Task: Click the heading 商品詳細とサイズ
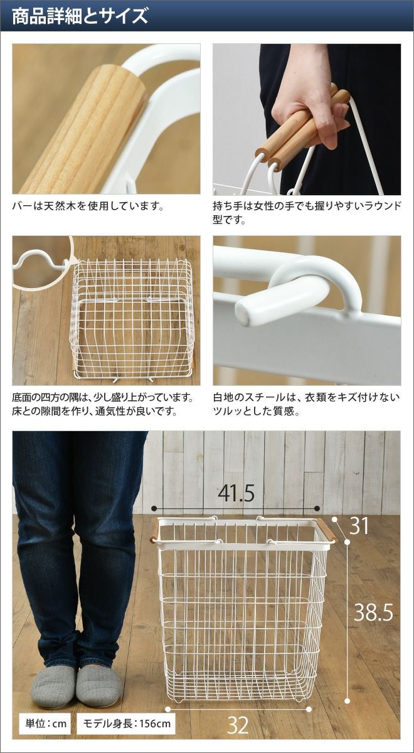point(80,16)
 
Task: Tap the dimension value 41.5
point(236,493)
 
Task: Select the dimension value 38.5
point(373,612)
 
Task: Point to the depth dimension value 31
point(359,526)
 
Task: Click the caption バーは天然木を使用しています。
point(88,206)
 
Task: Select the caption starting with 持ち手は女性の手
point(307,213)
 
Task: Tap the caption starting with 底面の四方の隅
point(103,404)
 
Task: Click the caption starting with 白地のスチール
point(307,404)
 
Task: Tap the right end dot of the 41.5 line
point(317,508)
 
